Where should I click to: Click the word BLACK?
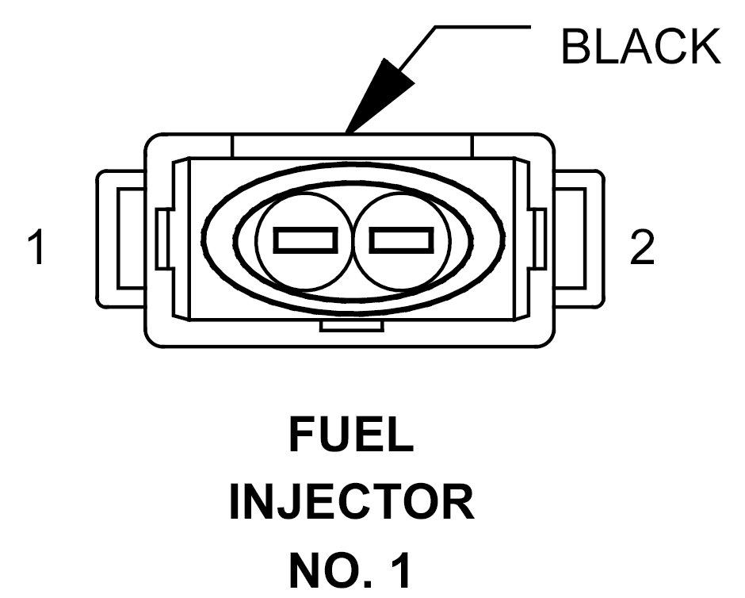641,46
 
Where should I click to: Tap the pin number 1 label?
36,247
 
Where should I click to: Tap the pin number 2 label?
642,247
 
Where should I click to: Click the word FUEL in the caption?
351,435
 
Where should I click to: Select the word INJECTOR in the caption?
352,502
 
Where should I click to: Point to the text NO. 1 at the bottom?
350,570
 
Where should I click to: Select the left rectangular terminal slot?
305,240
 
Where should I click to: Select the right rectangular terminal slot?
402,240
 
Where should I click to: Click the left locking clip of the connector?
120,239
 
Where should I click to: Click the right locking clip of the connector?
579,239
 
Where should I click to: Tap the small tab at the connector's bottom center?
352,326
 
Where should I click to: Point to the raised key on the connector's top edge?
352,145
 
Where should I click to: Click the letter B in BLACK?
576,46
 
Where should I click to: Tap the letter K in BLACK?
705,46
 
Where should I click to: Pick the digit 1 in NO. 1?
401,570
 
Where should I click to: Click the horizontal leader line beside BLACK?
483,27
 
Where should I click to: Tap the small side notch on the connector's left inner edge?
162,239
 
